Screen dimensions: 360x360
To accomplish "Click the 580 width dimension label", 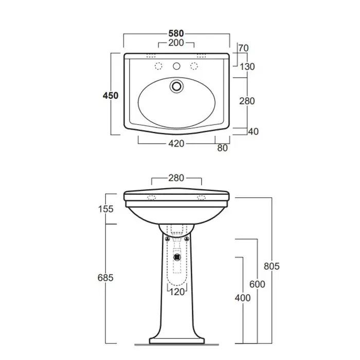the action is [176, 33].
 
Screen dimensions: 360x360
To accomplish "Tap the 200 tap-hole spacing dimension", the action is [176, 43].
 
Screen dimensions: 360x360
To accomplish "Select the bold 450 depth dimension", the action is [111, 96].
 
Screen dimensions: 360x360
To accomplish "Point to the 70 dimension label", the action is [244, 48].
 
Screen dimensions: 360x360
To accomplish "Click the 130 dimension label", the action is [247, 67].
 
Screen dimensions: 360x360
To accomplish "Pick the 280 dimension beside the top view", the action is [247, 101].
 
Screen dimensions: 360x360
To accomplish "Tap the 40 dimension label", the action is [254, 132].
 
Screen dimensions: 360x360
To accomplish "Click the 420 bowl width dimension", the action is [176, 143].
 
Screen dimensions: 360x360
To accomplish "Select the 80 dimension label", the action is [223, 148].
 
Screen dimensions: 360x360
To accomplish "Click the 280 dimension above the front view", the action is [176, 178].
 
